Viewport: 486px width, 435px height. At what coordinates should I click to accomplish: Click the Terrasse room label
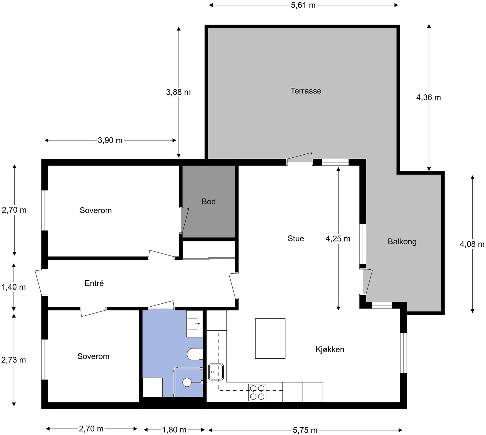[x=306, y=91]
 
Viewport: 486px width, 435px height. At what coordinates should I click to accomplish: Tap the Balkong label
[x=402, y=242]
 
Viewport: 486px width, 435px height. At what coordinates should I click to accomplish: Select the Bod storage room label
[x=209, y=201]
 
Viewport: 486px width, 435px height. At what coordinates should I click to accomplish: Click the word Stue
[x=296, y=238]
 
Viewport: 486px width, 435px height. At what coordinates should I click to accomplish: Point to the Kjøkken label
[x=330, y=349]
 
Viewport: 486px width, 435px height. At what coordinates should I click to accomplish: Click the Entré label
[x=94, y=283]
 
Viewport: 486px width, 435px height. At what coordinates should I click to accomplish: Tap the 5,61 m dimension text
[x=303, y=5]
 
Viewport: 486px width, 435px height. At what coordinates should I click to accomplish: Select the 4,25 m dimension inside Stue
[x=338, y=239]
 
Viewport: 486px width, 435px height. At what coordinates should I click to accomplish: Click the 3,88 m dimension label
[x=178, y=92]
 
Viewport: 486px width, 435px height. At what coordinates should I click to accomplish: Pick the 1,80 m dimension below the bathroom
[x=174, y=430]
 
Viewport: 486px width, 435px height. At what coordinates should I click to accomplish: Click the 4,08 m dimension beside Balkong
[x=472, y=244]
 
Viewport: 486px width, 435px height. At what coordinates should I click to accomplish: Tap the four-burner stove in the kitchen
[x=257, y=392]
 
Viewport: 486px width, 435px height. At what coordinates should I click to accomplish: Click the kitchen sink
[x=216, y=372]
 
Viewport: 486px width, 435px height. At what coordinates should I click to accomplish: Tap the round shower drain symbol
[x=187, y=382]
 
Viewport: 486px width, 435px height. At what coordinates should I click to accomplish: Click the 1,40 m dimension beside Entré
[x=14, y=287]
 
